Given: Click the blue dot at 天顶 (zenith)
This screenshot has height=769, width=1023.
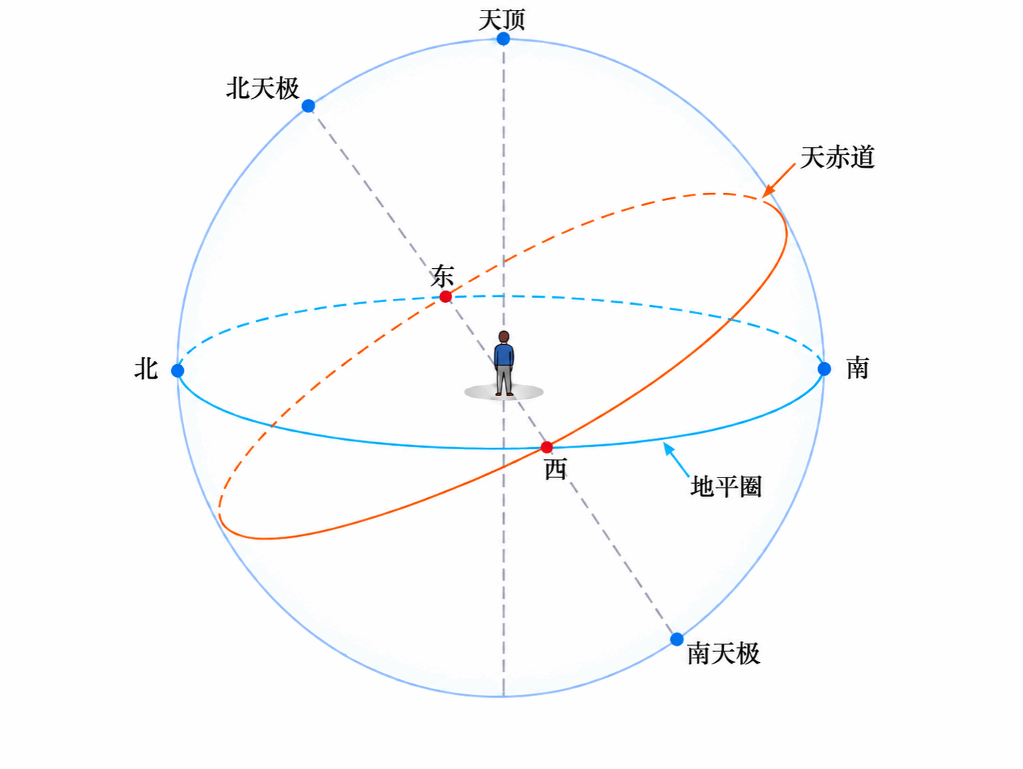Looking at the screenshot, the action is click(503, 39).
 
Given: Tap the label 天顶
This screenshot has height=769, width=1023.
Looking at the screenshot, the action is click(502, 19).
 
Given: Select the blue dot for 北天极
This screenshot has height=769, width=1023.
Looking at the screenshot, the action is click(308, 106).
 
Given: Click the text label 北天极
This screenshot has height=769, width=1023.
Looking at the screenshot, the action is click(263, 88).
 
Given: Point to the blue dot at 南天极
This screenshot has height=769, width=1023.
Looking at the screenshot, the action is click(677, 639).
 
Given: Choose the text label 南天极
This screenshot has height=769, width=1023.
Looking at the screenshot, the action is click(724, 654).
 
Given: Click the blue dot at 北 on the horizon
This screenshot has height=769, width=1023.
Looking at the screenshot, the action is click(178, 371).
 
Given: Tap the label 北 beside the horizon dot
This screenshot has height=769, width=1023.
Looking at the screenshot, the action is click(146, 369).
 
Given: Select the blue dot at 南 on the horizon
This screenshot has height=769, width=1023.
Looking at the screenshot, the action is click(824, 369).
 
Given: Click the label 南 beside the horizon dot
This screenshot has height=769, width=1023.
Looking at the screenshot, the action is click(857, 368).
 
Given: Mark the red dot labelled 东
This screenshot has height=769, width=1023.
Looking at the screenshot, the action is click(446, 296).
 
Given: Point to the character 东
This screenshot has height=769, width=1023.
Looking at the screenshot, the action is click(442, 276).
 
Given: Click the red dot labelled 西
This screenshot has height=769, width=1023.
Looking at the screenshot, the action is click(547, 447).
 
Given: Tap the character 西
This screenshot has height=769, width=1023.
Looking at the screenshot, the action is click(556, 468).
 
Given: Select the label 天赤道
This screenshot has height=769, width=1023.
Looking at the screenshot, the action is click(838, 157).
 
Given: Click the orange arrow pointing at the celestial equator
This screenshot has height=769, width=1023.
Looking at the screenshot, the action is click(778, 180).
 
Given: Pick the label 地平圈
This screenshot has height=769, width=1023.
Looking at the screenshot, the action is click(726, 487).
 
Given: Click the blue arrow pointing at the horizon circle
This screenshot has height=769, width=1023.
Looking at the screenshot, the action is click(676, 460).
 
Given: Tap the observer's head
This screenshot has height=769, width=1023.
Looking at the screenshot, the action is click(504, 337).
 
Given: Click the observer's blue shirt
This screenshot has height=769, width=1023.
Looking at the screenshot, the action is click(504, 355).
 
